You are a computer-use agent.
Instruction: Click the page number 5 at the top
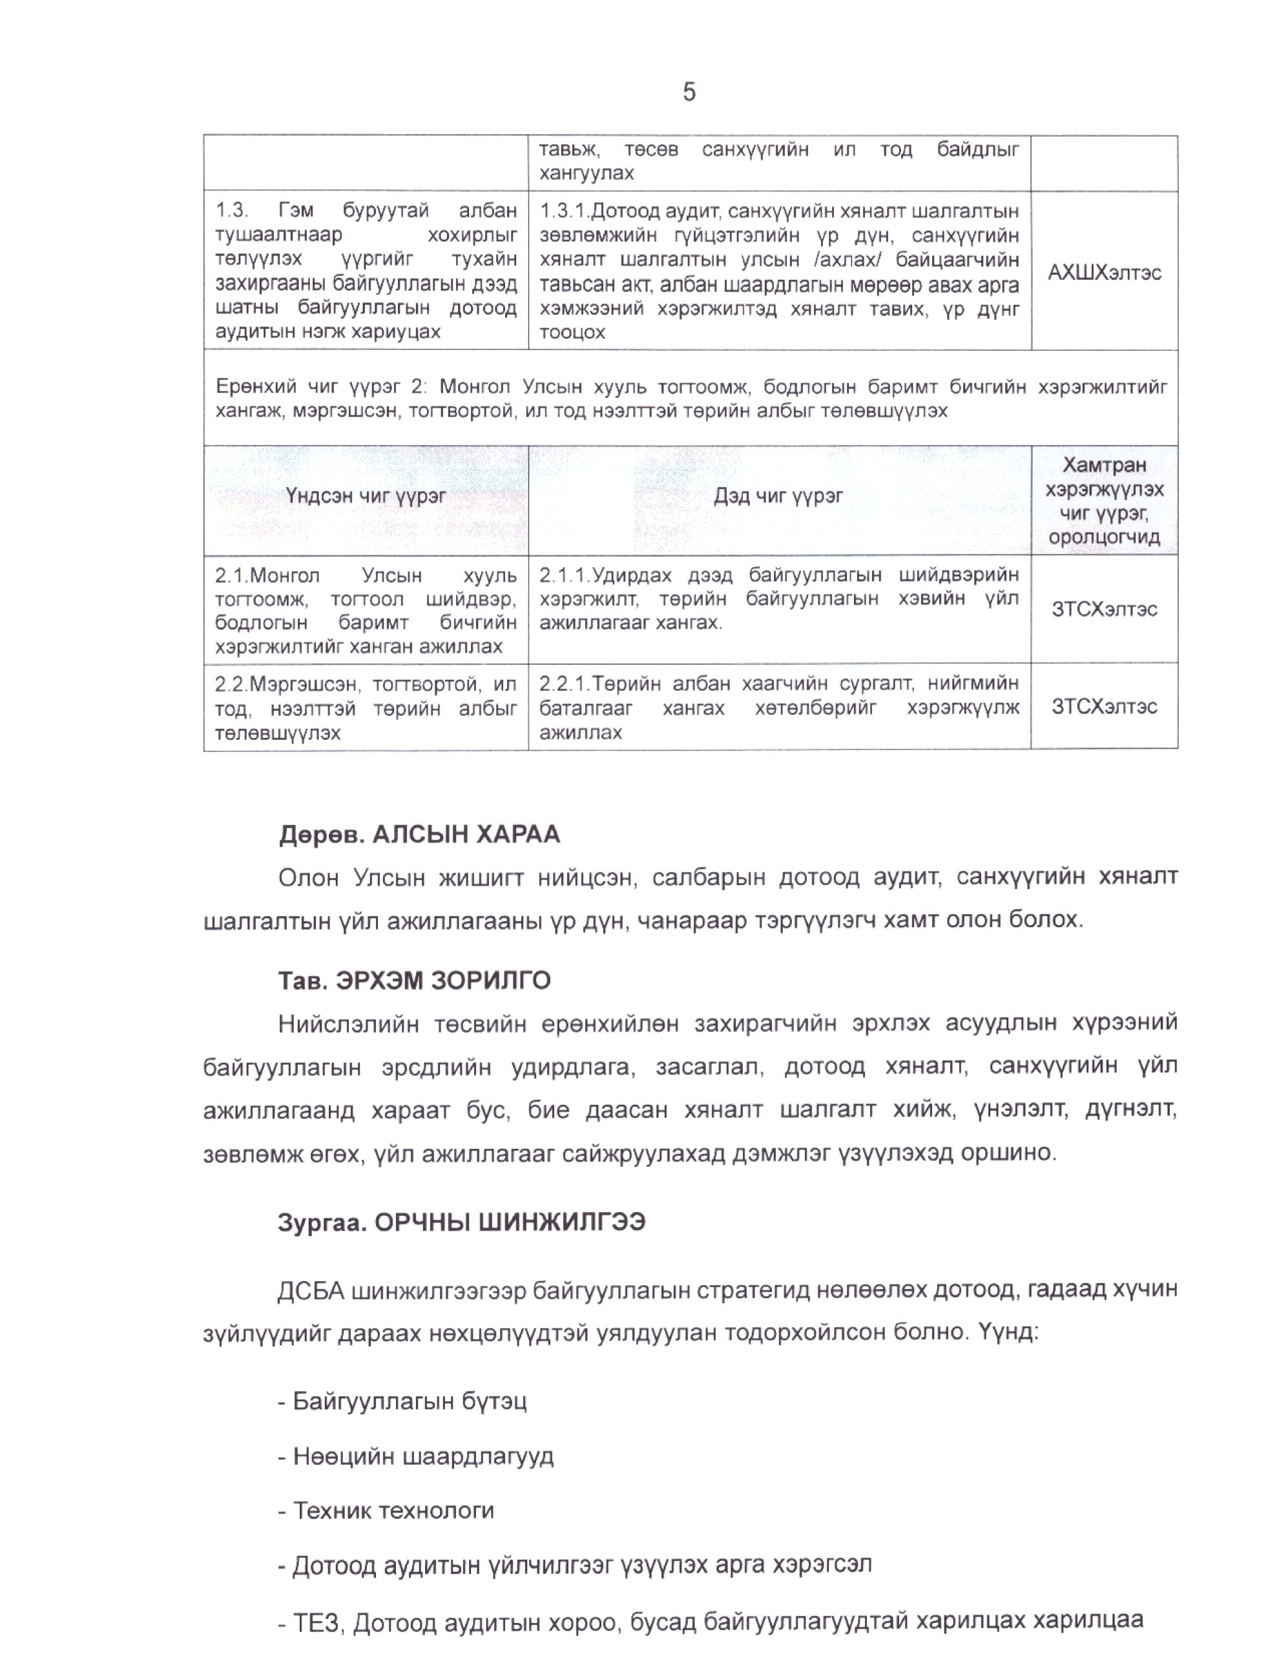tap(689, 92)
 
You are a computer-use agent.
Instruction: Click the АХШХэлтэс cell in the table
tap(1103, 273)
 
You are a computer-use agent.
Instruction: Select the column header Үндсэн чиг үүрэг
tap(366, 496)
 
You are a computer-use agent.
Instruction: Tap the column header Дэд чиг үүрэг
tap(778, 496)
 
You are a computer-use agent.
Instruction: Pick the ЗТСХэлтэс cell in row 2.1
tap(1103, 610)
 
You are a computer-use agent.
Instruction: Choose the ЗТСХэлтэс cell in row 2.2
tap(1103, 707)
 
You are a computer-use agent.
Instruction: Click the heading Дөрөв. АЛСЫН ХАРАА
tap(419, 835)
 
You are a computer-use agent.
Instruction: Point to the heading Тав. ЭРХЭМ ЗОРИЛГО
tap(414, 981)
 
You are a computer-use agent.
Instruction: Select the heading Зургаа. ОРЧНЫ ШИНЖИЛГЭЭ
tap(461, 1223)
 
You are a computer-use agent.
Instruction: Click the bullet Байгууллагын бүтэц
tap(409, 1401)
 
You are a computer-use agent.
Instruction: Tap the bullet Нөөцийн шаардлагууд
tap(422, 1456)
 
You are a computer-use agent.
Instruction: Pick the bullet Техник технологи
tap(393, 1511)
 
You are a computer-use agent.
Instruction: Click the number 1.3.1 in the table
tap(563, 211)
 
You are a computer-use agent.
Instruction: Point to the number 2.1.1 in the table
tap(563, 576)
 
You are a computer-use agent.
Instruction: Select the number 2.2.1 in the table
tap(563, 684)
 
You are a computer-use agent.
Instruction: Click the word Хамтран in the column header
tap(1103, 465)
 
